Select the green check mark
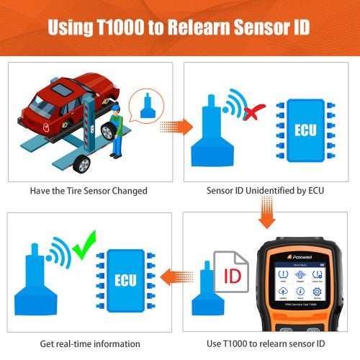(x=86, y=241)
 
